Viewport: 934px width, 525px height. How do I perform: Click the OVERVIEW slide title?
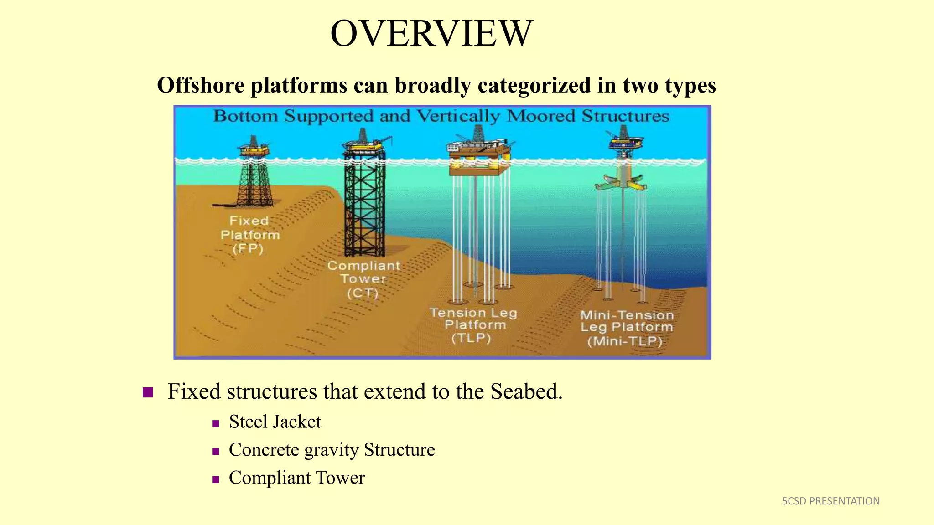(x=431, y=34)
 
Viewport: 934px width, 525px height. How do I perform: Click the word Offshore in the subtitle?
(x=200, y=85)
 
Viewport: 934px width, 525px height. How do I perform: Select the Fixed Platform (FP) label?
(x=249, y=235)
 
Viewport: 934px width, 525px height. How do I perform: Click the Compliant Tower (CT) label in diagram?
(x=363, y=279)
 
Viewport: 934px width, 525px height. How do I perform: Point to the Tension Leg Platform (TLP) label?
(x=473, y=325)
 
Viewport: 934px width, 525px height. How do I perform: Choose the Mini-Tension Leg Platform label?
(x=626, y=328)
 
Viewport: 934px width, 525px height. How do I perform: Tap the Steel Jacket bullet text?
(x=275, y=422)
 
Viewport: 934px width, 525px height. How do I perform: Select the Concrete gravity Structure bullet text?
(x=332, y=450)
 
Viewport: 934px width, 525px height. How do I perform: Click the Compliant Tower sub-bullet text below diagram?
(x=296, y=478)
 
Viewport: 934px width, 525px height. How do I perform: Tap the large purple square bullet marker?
(x=148, y=392)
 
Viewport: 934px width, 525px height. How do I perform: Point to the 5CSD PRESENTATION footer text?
(x=830, y=501)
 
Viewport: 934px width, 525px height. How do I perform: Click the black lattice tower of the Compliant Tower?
(x=364, y=205)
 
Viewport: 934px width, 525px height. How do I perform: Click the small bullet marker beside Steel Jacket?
(x=216, y=423)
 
